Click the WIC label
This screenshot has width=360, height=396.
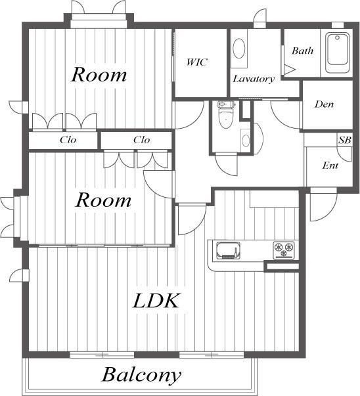(197, 62)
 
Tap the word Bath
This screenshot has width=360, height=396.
(302, 51)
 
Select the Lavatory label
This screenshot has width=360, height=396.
(254, 79)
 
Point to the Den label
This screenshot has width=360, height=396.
(324, 104)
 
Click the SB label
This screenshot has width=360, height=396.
(345, 140)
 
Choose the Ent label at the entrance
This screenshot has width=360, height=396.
(330, 165)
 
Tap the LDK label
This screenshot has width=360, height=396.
(156, 301)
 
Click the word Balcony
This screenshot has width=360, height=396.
(141, 376)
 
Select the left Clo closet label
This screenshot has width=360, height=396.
(68, 140)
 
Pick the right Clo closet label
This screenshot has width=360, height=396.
(141, 140)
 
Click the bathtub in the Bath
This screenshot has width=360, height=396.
(337, 53)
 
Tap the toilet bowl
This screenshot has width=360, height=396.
(225, 119)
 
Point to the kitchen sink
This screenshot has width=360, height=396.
(228, 250)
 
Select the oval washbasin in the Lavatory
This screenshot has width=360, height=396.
(238, 49)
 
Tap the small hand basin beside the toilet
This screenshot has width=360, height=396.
(246, 141)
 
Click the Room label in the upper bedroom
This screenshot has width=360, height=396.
(99, 75)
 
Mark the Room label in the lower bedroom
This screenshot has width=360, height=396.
(103, 200)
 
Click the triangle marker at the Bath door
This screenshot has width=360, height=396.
(289, 69)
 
